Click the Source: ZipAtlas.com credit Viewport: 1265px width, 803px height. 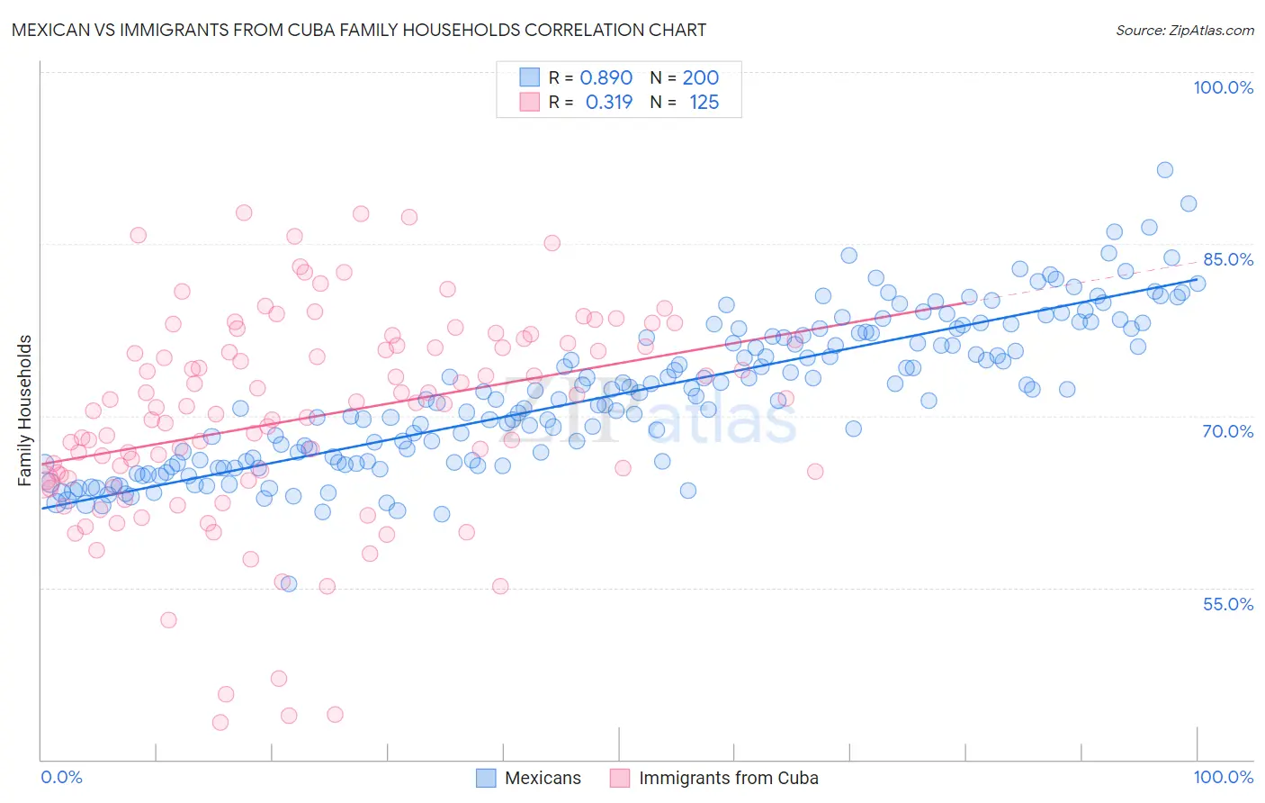pyautogui.click(x=1184, y=30)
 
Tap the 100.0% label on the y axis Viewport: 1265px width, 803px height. pyautogui.click(x=1223, y=87)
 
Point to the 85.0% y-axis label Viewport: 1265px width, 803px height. pyautogui.click(x=1228, y=259)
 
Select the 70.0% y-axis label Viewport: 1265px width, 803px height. pyautogui.click(x=1228, y=431)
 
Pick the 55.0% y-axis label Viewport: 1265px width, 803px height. pyautogui.click(x=1228, y=604)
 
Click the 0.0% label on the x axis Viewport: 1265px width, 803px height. pyautogui.click(x=61, y=777)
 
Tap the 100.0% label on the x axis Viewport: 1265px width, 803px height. pyautogui.click(x=1223, y=777)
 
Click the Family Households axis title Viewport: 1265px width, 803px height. pyautogui.click(x=25, y=411)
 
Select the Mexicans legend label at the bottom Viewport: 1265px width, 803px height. pyautogui.click(x=543, y=778)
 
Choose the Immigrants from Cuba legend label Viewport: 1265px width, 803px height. pyautogui.click(x=729, y=778)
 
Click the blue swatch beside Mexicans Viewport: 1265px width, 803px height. pyautogui.click(x=486, y=778)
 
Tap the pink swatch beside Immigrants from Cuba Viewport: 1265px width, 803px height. pyautogui.click(x=620, y=778)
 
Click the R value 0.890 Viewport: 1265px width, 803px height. pyautogui.click(x=606, y=77)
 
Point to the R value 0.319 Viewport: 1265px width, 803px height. pyautogui.click(x=609, y=103)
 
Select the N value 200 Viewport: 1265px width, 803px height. pyautogui.click(x=701, y=77)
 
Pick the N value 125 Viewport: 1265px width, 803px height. pyautogui.click(x=704, y=103)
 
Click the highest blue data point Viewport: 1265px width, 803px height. pyautogui.click(x=1164, y=170)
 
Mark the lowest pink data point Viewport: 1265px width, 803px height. pyautogui.click(x=220, y=722)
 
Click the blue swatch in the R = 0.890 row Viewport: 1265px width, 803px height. pyautogui.click(x=529, y=77)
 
